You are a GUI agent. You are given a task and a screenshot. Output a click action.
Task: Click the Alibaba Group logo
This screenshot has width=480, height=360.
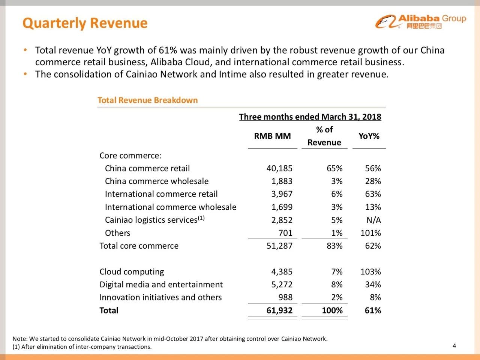click(x=420, y=22)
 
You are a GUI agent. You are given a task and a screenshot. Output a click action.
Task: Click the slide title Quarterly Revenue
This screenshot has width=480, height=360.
click(x=85, y=23)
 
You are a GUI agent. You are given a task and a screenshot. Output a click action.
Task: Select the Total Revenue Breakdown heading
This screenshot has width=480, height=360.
click(x=147, y=100)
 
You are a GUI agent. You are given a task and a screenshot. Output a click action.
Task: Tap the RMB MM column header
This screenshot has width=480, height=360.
click(x=272, y=136)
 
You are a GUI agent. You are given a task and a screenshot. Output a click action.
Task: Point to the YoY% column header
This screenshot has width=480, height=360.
click(x=369, y=136)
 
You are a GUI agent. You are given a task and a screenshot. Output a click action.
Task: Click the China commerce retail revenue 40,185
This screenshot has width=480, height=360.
click(x=279, y=168)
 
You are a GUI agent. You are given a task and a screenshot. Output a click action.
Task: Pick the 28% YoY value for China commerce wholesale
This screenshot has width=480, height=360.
click(x=373, y=181)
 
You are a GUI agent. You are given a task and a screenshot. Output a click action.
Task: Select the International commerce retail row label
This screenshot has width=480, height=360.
click(x=161, y=194)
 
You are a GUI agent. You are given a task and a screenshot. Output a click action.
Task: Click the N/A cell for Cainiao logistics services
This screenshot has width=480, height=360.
click(x=373, y=220)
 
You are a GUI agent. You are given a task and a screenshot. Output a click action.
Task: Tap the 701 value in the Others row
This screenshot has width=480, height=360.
click(x=285, y=233)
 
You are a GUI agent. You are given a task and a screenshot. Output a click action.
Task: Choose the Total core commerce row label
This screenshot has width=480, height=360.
click(x=139, y=246)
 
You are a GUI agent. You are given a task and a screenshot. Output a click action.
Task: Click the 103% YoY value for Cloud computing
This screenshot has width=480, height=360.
click(x=370, y=271)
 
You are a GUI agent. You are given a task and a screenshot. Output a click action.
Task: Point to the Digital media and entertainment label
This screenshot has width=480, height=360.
click(x=161, y=284)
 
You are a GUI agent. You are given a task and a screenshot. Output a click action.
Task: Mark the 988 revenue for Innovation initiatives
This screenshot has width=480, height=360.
click(x=285, y=297)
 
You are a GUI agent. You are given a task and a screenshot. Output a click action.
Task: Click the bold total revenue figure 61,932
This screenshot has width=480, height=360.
click(x=279, y=310)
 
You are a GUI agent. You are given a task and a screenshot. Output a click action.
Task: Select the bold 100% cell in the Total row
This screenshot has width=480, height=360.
click(x=332, y=310)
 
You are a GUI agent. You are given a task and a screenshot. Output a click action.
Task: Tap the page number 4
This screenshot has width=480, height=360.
click(x=454, y=346)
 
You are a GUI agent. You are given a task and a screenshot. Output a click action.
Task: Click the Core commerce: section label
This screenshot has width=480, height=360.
click(x=130, y=155)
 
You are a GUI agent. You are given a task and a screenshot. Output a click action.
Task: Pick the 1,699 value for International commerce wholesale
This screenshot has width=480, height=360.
click(x=282, y=207)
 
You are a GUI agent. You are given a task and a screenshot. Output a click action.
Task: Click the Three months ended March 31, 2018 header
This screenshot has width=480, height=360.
click(x=310, y=117)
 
